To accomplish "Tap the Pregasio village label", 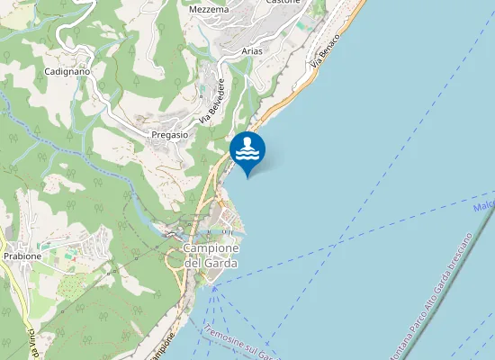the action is coord(169,134).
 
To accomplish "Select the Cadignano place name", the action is coord(65,70).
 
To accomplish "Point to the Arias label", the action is coord(252,51).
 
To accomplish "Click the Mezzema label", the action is coord(210,9).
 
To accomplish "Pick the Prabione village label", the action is coord(22,256).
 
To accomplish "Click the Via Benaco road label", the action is coord(327,52).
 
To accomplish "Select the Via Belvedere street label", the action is coord(212,101).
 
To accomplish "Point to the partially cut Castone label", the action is coord(283,3).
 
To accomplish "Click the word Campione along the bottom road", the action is coord(158,347).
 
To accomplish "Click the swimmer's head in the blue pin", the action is coord(247,142).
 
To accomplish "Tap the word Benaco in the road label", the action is coord(331,46).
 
